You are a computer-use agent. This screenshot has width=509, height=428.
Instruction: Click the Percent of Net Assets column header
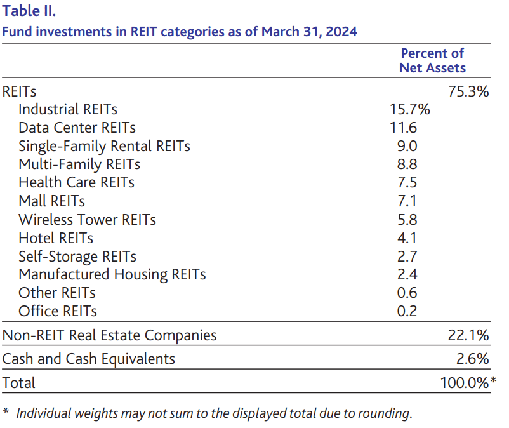pyautogui.click(x=432, y=60)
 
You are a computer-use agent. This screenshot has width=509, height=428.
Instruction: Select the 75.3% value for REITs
pyautogui.click(x=468, y=91)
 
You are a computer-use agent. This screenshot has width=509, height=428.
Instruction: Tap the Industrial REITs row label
pyautogui.click(x=68, y=109)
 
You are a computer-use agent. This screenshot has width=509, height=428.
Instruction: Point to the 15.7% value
pyautogui.click(x=409, y=109)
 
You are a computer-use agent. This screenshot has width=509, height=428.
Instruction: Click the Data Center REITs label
pyautogui.click(x=77, y=128)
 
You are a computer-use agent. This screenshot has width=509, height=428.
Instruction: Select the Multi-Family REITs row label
pyautogui.click(x=79, y=164)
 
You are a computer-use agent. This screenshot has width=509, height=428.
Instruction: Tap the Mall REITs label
pyautogui.click(x=52, y=201)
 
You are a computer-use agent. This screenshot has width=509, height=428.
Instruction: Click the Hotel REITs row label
pyautogui.click(x=56, y=238)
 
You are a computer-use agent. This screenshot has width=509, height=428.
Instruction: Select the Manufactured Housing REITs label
pyautogui.click(x=112, y=275)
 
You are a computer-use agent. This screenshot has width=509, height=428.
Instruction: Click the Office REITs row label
pyautogui.click(x=58, y=312)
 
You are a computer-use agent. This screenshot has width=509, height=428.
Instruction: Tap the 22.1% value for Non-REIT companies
pyautogui.click(x=468, y=335)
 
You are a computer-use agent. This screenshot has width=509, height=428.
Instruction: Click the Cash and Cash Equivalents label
pyautogui.click(x=89, y=359)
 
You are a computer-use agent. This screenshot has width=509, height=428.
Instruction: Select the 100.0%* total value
pyautogui.click(x=468, y=382)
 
